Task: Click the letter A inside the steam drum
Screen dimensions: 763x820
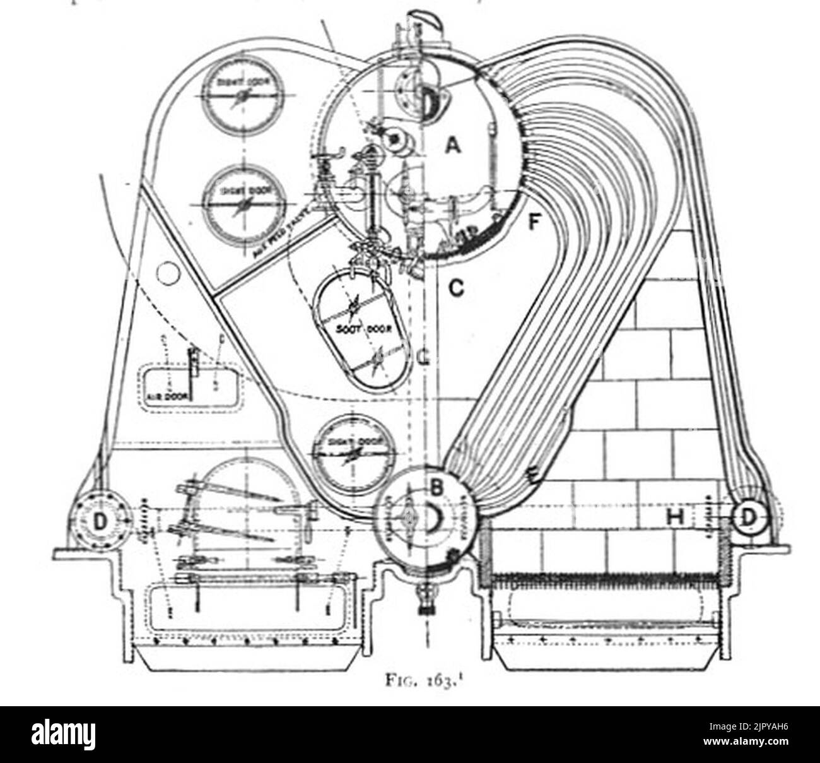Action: pyautogui.click(x=452, y=146)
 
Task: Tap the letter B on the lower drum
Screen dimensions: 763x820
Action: pyautogui.click(x=437, y=487)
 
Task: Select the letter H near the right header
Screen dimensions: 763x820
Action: pyautogui.click(x=676, y=518)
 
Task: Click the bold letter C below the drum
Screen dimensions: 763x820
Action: pyautogui.click(x=456, y=288)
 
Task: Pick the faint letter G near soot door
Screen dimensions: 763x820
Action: pyautogui.click(x=423, y=358)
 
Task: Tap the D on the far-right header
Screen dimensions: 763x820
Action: pyautogui.click(x=747, y=518)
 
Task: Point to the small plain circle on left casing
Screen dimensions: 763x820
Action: pyautogui.click(x=168, y=274)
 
